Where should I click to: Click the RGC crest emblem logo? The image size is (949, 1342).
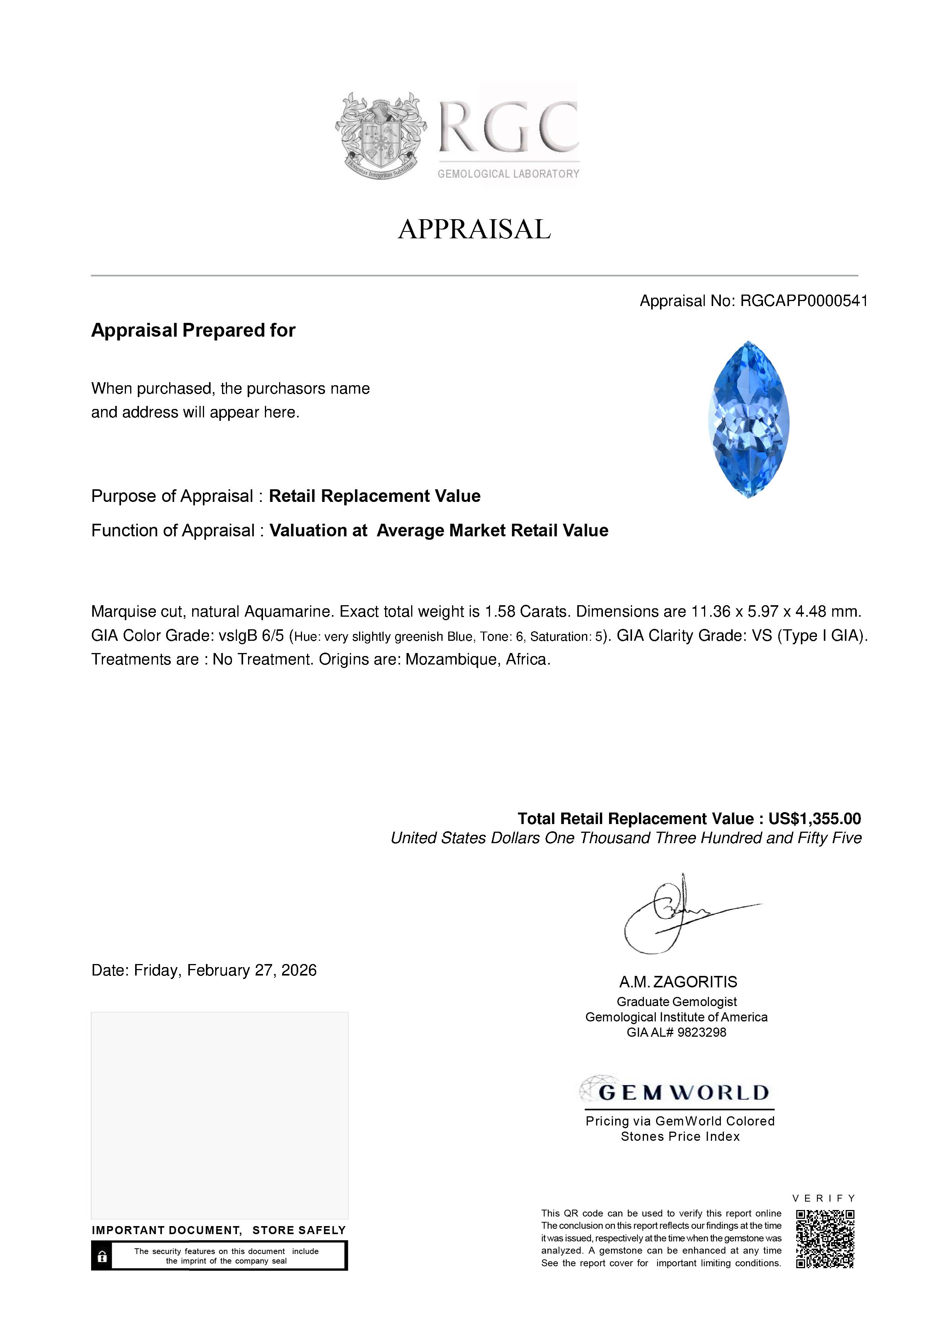[x=381, y=135]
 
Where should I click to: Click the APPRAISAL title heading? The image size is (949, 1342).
[x=474, y=229]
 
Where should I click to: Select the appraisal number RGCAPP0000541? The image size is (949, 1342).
[x=804, y=301]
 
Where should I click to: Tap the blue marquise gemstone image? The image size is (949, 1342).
[x=748, y=419]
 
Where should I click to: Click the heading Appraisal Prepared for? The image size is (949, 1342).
[x=193, y=330]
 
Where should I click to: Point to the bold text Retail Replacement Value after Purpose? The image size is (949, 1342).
[x=374, y=496]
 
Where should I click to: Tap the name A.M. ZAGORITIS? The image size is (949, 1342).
[x=678, y=982]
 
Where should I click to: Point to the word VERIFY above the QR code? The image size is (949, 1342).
[x=823, y=1198]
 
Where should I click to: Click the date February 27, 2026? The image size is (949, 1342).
[x=252, y=970]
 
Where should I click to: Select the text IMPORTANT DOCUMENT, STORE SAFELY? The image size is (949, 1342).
[x=219, y=1230]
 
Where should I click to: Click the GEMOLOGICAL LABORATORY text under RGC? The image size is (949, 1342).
[x=508, y=174]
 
